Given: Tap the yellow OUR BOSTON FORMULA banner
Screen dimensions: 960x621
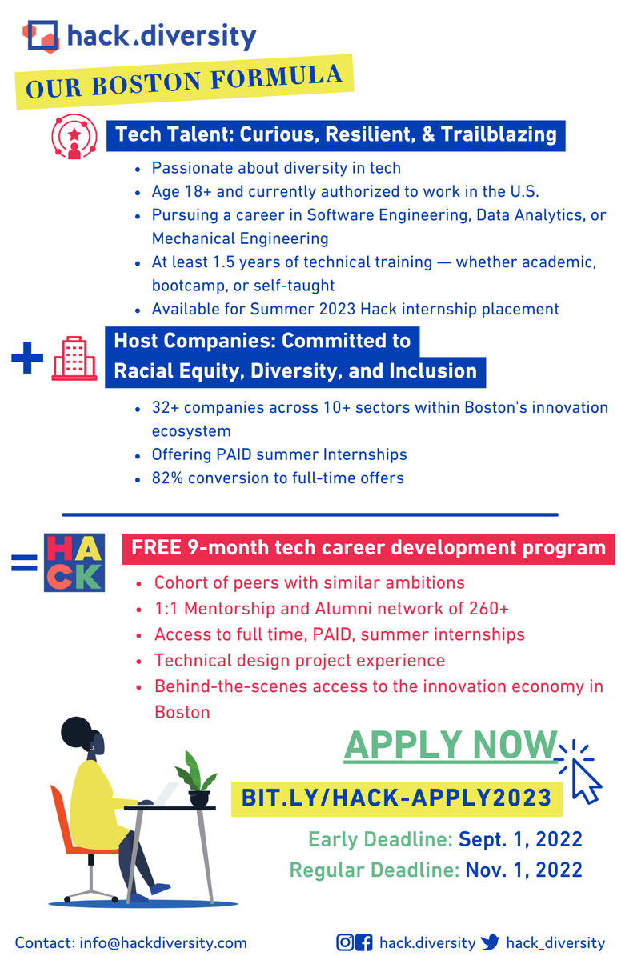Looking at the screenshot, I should pyautogui.click(x=185, y=83).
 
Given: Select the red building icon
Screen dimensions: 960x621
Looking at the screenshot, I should pyautogui.click(x=74, y=357).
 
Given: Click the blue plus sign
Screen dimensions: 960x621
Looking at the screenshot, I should pyautogui.click(x=27, y=358).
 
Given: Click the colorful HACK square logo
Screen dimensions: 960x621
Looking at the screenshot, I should pyautogui.click(x=74, y=563).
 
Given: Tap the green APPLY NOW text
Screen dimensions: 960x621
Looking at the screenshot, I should pyautogui.click(x=450, y=745).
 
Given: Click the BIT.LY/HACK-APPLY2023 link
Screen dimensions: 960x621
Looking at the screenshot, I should pyautogui.click(x=397, y=797).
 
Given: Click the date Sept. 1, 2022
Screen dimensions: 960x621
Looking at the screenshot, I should pyautogui.click(x=519, y=839).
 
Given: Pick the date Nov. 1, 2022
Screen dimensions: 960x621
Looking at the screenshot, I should pyautogui.click(x=523, y=870).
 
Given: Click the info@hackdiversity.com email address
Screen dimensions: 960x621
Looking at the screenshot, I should pyautogui.click(x=163, y=943).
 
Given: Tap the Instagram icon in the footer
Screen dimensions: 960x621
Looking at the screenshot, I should pyautogui.click(x=345, y=942).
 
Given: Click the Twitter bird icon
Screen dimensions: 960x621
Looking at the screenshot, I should pyautogui.click(x=491, y=942).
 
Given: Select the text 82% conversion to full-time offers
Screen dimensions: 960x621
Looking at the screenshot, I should pyautogui.click(x=278, y=478).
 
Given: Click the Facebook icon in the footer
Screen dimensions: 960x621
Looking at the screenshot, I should pyautogui.click(x=364, y=942).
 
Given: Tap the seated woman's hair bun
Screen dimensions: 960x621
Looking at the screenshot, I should pyautogui.click(x=78, y=730).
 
